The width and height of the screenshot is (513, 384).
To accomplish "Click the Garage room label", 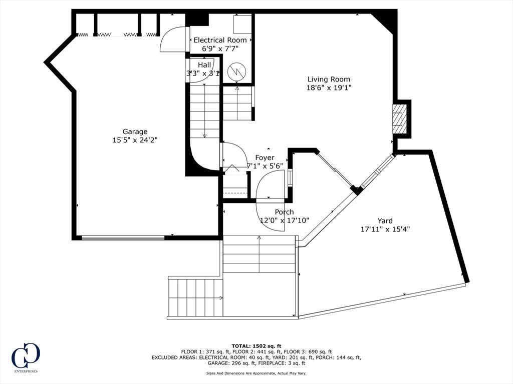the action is pos(135,131).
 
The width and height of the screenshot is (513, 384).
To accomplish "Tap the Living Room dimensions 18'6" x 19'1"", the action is pos(329,87).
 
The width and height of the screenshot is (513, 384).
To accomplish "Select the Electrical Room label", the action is pos(220,40).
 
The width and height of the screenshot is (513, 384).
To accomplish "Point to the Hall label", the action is pos(204,65).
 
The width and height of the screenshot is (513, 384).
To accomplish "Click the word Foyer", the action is pos(265,157).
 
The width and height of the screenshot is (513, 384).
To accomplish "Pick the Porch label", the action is pos(285,212).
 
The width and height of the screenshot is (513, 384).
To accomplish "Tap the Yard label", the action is pos(385,220).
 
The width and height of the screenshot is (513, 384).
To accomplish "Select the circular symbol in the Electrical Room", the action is pos(237,71).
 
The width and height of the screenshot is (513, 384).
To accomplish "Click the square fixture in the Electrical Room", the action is pos(242,23).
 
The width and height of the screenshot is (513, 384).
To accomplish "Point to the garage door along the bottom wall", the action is pos(123,238).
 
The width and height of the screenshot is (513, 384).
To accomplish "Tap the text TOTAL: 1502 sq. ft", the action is pos(256,346).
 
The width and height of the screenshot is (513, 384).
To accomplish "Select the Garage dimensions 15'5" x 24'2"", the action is pos(135,140).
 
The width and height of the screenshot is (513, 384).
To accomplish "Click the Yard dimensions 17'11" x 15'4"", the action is pos(385,229).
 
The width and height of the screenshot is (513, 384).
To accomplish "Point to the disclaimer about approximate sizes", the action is pos(256,373).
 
